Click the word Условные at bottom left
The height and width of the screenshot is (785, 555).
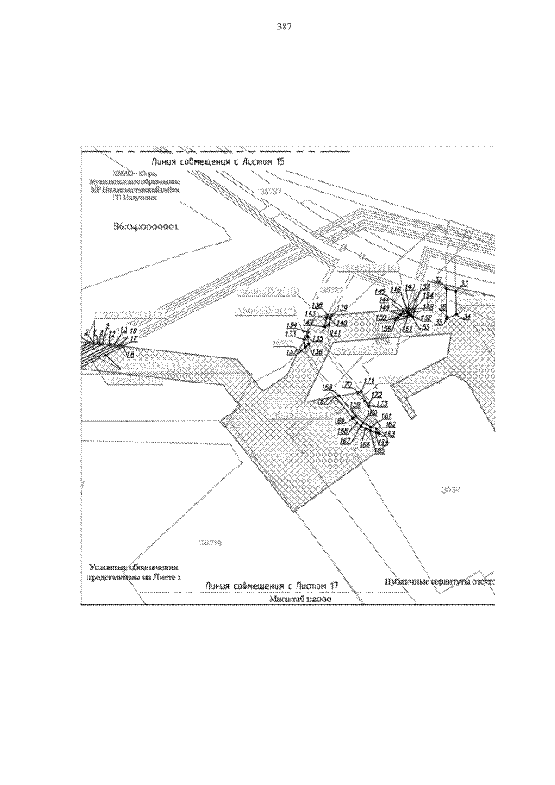click(x=108, y=565)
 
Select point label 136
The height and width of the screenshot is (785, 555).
click(x=317, y=352)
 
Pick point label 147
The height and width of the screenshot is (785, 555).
click(x=410, y=287)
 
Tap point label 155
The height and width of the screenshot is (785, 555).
click(x=424, y=327)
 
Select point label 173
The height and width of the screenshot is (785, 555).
click(x=380, y=404)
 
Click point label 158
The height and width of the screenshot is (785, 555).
click(x=326, y=387)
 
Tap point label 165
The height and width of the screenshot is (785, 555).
click(x=379, y=450)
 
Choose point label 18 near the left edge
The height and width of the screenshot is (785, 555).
click(x=130, y=356)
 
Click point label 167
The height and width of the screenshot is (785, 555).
click(x=344, y=442)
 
